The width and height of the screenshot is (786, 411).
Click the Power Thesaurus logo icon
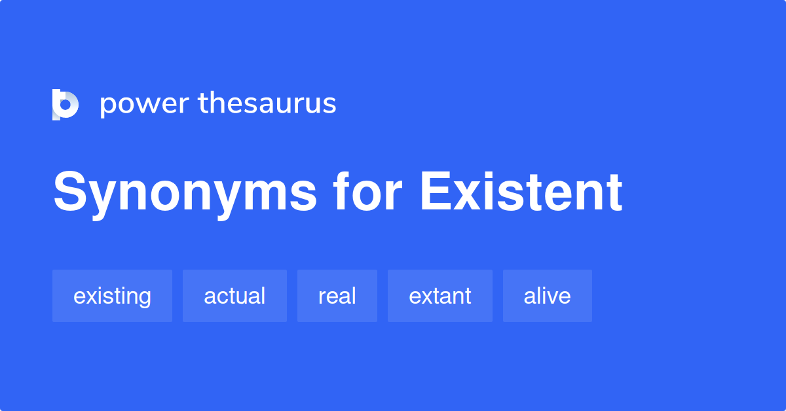[x=65, y=105]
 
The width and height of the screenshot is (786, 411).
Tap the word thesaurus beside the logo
[x=267, y=104]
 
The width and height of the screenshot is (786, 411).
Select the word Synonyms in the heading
[x=185, y=193]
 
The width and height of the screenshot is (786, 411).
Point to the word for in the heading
[x=366, y=192]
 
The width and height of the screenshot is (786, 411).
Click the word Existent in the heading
[x=521, y=192]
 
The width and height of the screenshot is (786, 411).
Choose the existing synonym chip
[x=112, y=296]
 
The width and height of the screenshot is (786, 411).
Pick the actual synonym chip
[x=234, y=296]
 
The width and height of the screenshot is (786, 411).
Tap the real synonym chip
[x=337, y=296]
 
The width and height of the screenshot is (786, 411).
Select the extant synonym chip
[x=440, y=296]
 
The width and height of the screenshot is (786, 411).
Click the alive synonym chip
[x=547, y=296]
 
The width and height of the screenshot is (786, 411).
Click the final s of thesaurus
[x=329, y=105]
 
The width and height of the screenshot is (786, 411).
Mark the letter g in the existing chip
[x=145, y=299]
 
